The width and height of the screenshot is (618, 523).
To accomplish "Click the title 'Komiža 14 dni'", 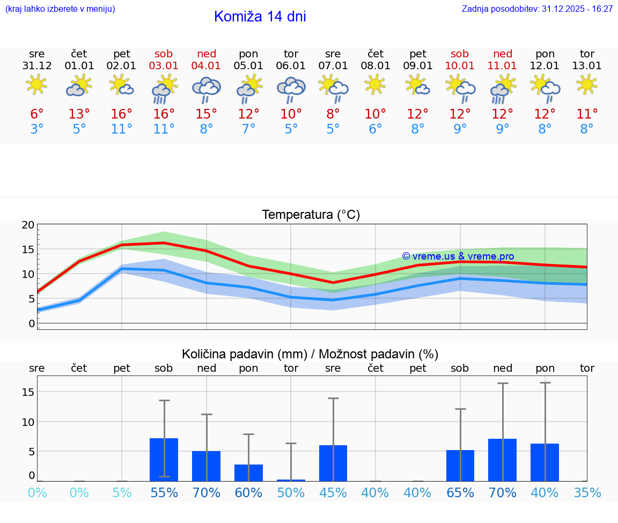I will point(260,17).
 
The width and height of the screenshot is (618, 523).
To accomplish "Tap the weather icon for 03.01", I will point(164,89).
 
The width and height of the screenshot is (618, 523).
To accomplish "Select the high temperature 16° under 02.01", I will point(122,114).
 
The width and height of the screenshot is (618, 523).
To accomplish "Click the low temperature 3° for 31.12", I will point(37,129).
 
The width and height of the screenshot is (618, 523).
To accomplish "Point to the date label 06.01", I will point(291,66).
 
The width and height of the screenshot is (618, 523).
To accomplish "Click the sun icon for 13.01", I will point(587,85).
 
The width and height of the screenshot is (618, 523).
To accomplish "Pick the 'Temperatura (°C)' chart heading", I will point(311,215).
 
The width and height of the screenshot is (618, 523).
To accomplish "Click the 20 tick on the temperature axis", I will point(28,225).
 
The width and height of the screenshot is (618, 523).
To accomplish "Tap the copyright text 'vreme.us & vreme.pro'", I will point(458,256).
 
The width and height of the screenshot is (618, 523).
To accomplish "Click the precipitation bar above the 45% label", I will point(333,463).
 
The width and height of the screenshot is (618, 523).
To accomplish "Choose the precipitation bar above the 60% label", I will point(248,473).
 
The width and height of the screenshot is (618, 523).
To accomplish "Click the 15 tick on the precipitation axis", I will point(28,392).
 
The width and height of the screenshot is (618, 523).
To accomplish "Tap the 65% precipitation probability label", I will point(460,493).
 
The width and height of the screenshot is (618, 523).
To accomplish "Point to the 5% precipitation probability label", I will point(122,493).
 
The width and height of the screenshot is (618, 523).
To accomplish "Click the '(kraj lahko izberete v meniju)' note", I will point(60,9).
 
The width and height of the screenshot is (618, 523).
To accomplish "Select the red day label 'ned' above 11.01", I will point(503,54).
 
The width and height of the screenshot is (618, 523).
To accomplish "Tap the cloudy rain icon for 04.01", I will point(207,89).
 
